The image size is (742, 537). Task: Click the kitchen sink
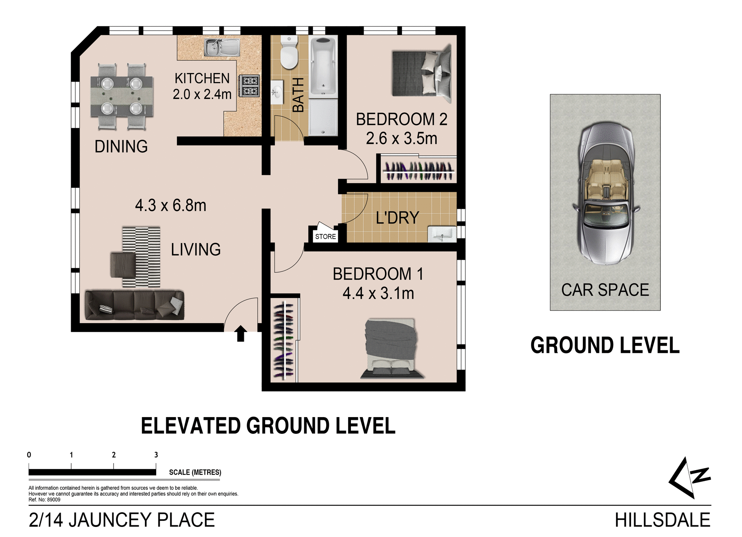222,47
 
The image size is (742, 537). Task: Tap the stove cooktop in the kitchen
250,86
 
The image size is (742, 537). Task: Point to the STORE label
325,237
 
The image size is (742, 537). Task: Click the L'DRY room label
397,218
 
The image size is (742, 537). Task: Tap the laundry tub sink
442,234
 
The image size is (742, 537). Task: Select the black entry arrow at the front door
241,333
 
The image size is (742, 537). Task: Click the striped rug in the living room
141,257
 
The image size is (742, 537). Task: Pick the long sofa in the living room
134,305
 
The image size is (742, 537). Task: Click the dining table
122,96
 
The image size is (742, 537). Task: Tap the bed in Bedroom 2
422,73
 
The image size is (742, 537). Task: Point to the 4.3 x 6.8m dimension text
170,205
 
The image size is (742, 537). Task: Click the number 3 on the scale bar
156,455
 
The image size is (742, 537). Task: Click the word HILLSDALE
662,520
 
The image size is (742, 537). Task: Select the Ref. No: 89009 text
44,500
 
